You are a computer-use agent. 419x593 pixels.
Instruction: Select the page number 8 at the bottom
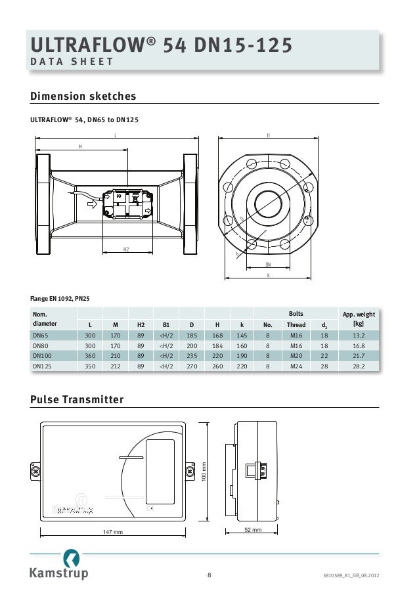(x=209, y=576)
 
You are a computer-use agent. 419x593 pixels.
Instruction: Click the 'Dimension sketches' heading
(x=83, y=97)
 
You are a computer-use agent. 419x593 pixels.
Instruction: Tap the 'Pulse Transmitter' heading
(x=77, y=400)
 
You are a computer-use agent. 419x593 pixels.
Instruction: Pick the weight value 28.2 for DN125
(x=358, y=366)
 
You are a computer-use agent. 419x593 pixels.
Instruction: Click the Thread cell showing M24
(x=296, y=366)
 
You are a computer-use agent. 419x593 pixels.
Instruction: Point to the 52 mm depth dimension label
(x=253, y=529)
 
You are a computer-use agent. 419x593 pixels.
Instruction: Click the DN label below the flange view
(x=268, y=264)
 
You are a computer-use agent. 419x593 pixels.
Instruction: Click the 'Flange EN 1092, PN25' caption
(x=60, y=299)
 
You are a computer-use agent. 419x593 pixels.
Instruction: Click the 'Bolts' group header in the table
(x=296, y=315)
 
